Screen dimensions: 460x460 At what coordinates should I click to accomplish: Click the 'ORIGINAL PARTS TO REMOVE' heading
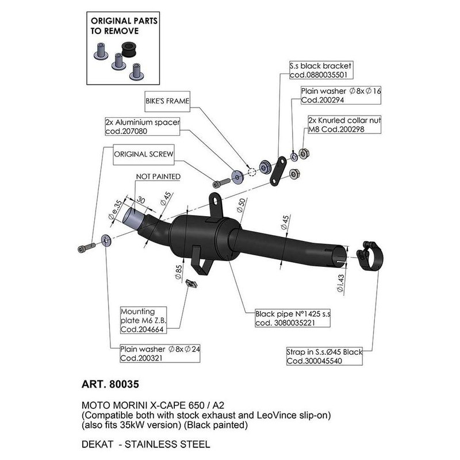tap(123, 27)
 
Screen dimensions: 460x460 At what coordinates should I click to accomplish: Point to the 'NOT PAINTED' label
tap(158, 176)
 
